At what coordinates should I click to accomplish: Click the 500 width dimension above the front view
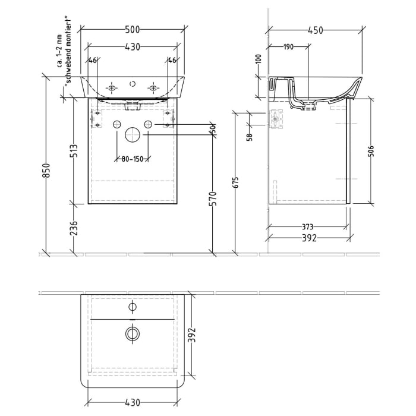[x=133, y=30]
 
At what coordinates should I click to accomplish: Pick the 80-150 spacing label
[x=133, y=159]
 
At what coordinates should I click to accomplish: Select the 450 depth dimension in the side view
[x=315, y=30]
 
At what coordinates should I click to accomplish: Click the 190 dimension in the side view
[x=288, y=47]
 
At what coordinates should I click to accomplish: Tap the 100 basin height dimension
[x=259, y=59]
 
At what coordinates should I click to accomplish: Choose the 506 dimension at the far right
[x=370, y=150]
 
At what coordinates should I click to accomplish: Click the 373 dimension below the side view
[x=307, y=226]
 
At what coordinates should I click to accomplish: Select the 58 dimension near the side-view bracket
[x=250, y=136]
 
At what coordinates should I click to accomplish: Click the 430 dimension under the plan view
[x=133, y=402]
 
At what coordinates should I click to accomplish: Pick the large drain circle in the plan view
[x=133, y=333]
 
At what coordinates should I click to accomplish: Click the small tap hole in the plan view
[x=133, y=307]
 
